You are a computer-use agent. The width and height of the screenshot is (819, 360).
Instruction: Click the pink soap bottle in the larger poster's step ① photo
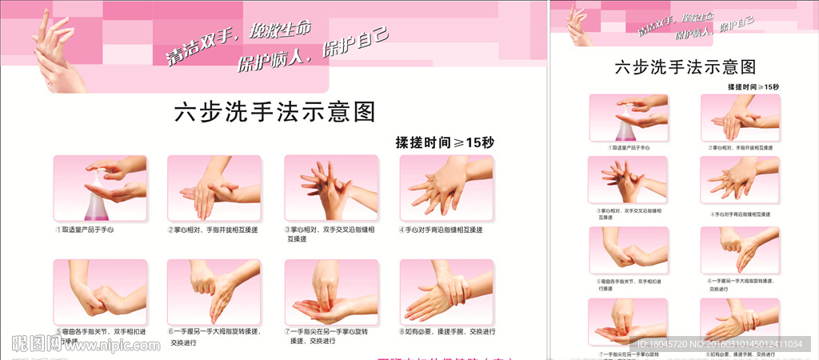click(98, 204)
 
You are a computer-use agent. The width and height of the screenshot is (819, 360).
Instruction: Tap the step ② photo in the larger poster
click(214, 188)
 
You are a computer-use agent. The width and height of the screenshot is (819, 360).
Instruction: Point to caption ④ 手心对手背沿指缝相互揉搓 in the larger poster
click(445, 230)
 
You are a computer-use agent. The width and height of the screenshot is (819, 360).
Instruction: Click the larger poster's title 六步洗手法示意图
click(274, 112)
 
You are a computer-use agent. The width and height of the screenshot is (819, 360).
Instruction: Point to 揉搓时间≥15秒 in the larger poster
click(445, 142)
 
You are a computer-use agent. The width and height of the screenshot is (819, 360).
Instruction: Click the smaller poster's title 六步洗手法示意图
click(685, 67)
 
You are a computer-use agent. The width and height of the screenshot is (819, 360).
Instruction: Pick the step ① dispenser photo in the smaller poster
click(628, 118)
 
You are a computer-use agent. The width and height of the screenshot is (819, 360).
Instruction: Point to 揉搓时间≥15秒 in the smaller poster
click(753, 86)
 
